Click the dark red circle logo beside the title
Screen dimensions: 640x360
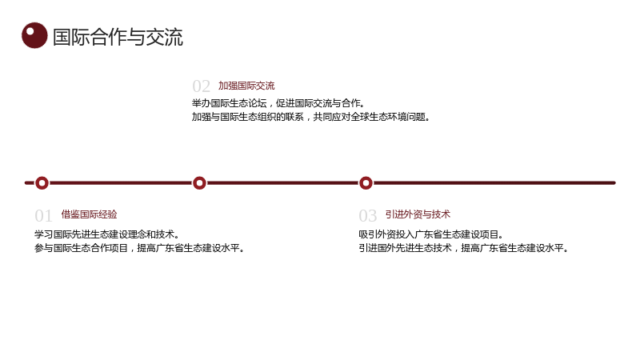(34, 35)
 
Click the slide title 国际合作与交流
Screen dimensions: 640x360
(118, 37)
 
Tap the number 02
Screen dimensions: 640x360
(202, 86)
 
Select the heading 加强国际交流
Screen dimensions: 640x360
(246, 86)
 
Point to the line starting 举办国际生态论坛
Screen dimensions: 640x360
(278, 103)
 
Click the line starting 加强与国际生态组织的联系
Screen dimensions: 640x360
(310, 117)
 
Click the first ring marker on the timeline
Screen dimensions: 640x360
(42, 183)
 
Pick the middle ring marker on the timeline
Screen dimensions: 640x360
(199, 183)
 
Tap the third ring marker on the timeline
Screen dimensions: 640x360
(366, 183)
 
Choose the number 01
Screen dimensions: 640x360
(44, 215)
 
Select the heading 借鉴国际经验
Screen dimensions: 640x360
(90, 214)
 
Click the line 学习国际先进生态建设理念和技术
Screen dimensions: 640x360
(107, 234)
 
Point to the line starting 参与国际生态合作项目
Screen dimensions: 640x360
(139, 248)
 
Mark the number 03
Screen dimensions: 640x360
(368, 215)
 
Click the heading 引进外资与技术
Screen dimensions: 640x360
(418, 214)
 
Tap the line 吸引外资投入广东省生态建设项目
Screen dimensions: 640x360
(431, 234)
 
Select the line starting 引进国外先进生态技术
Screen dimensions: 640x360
(464, 248)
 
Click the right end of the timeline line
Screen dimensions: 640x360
(614, 183)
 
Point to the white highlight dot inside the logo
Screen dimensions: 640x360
(30, 31)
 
